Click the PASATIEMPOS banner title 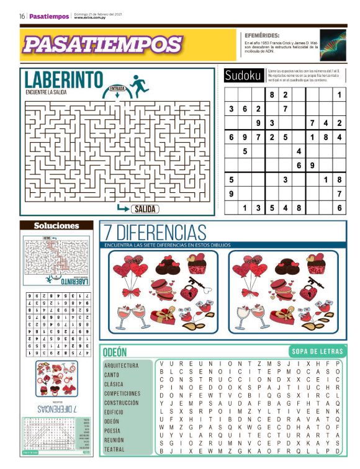click(x=102, y=44)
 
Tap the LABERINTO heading click(x=64, y=80)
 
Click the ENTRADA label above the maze click(x=117, y=89)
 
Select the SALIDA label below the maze click(x=144, y=209)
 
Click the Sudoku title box click(x=243, y=76)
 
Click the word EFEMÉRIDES click(x=262, y=35)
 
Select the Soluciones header click(x=56, y=226)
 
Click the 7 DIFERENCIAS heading click(x=155, y=233)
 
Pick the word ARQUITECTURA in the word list click(x=121, y=366)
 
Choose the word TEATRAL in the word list click(x=114, y=449)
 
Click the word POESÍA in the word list click(x=112, y=431)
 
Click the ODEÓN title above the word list click(x=115, y=352)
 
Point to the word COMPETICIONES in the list click(x=122, y=393)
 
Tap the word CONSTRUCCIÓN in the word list click(x=121, y=403)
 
